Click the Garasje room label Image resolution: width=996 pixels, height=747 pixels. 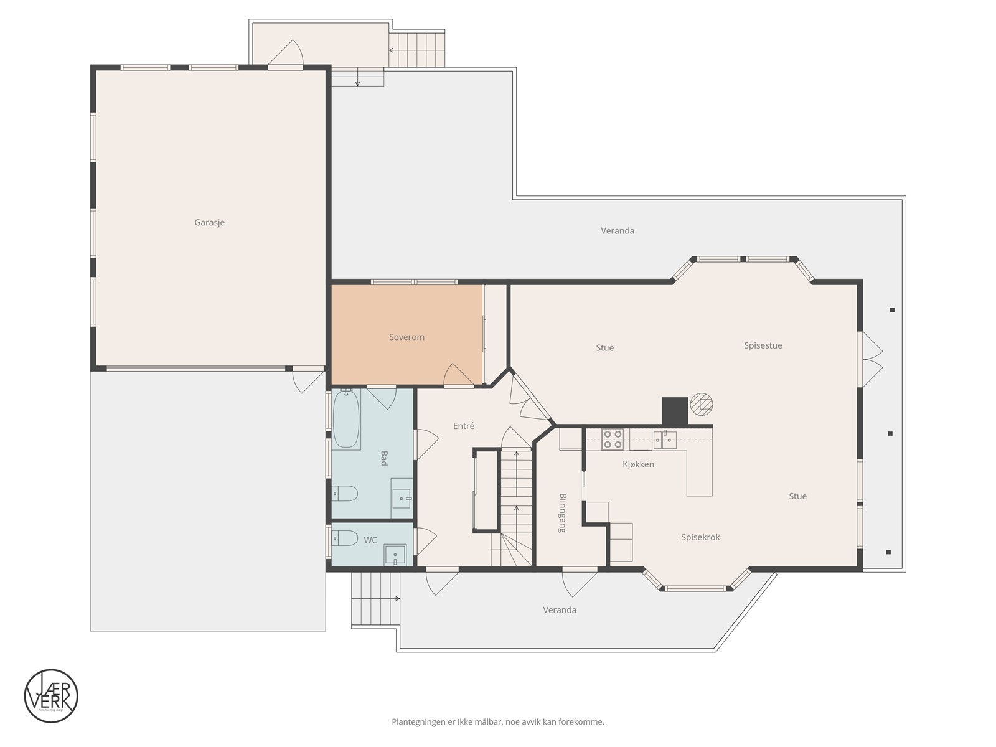[x=209, y=222]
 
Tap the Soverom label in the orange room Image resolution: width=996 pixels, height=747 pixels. [x=406, y=337]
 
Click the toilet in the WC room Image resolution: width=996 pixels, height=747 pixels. [x=344, y=538]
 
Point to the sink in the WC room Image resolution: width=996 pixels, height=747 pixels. [x=395, y=553]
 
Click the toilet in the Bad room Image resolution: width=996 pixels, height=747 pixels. [x=344, y=494]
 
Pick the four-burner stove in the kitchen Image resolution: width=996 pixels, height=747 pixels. [x=613, y=439]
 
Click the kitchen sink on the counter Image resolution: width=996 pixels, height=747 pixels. [x=664, y=439]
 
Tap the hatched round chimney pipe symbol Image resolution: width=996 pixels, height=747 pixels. [x=702, y=404]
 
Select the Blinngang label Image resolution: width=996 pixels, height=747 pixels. [x=562, y=512]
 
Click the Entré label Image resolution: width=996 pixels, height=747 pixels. [x=464, y=426]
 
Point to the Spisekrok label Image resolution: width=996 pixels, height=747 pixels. [x=700, y=537]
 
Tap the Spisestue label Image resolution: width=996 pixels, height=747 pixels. [x=763, y=345]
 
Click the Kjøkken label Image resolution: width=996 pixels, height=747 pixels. [x=638, y=464]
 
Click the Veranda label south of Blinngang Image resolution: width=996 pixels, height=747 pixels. [x=559, y=610]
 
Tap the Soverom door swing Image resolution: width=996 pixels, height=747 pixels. [x=458, y=375]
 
